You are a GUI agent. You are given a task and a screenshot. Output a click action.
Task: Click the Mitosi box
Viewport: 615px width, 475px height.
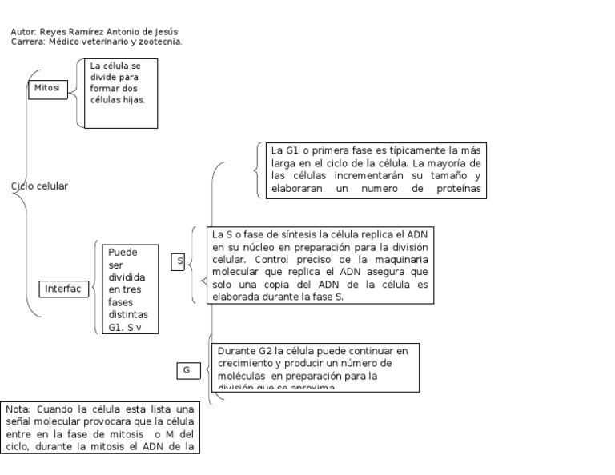47,89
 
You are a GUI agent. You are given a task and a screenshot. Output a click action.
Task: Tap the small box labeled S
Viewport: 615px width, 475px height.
179,261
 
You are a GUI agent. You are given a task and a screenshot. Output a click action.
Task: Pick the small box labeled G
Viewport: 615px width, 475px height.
187,370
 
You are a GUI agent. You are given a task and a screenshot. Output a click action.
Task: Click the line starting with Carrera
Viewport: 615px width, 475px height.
96,42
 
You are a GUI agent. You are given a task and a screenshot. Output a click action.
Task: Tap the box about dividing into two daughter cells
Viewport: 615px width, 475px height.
120,93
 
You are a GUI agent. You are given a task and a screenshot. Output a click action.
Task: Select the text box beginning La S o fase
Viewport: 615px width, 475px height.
320,265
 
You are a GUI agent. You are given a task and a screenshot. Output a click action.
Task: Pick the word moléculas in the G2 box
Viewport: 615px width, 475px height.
242,375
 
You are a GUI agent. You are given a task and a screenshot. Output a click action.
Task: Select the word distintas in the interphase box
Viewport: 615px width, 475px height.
128,314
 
